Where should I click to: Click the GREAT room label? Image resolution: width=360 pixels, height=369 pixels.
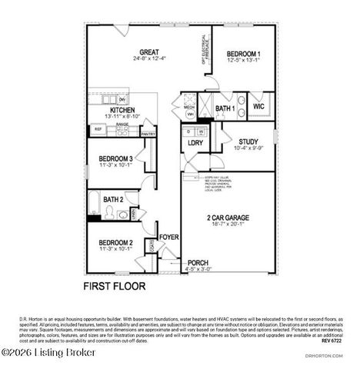tap(149, 52)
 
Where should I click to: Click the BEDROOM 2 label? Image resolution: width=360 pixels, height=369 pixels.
tap(115, 242)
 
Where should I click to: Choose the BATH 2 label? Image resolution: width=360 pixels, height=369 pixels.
tap(114, 199)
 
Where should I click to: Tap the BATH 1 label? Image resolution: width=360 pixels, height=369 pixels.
tap(226, 109)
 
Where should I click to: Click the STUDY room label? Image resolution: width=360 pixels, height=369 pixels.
tap(248, 141)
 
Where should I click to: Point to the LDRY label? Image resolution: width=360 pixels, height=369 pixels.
tap(195, 143)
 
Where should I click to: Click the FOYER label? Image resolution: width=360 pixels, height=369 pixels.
tap(168, 236)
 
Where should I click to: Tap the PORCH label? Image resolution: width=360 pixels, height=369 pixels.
tap(198, 262)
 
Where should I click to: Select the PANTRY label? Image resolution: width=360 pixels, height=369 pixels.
tap(148, 135)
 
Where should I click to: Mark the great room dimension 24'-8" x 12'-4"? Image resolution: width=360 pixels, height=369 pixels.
tap(149, 58)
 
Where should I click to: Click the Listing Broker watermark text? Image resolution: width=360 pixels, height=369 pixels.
tap(48, 353)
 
